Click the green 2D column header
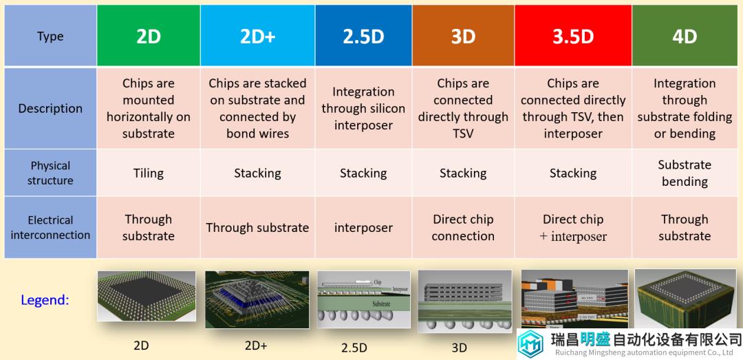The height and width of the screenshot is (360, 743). pyautogui.click(x=149, y=36)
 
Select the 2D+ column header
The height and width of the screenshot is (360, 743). pyautogui.click(x=257, y=36)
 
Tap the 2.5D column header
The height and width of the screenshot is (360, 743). pyautogui.click(x=363, y=36)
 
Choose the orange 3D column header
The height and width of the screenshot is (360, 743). pyautogui.click(x=463, y=36)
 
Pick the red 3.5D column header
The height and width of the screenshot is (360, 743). pyautogui.click(x=573, y=36)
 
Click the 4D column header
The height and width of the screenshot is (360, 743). pyautogui.click(x=685, y=36)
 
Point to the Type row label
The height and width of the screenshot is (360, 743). pyautogui.click(x=50, y=36)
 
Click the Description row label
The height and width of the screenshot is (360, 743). pyautogui.click(x=50, y=109)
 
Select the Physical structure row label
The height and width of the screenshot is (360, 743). pyautogui.click(x=50, y=173)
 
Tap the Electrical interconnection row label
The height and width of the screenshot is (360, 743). pyautogui.click(x=50, y=227)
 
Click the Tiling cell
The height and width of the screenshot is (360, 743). pyautogui.click(x=149, y=173)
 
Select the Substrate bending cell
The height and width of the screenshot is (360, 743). pyautogui.click(x=685, y=173)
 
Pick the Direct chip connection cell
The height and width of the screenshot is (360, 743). pyautogui.click(x=463, y=227)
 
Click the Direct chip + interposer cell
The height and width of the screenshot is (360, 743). pyautogui.click(x=573, y=227)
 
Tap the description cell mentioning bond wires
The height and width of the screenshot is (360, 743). pyautogui.click(x=257, y=109)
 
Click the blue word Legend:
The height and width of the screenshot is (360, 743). pyautogui.click(x=45, y=299)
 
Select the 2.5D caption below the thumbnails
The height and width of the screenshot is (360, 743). pyautogui.click(x=354, y=348)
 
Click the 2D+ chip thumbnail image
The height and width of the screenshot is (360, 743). pyautogui.click(x=257, y=299)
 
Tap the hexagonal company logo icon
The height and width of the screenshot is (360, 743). pyautogui.click(x=530, y=344)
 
